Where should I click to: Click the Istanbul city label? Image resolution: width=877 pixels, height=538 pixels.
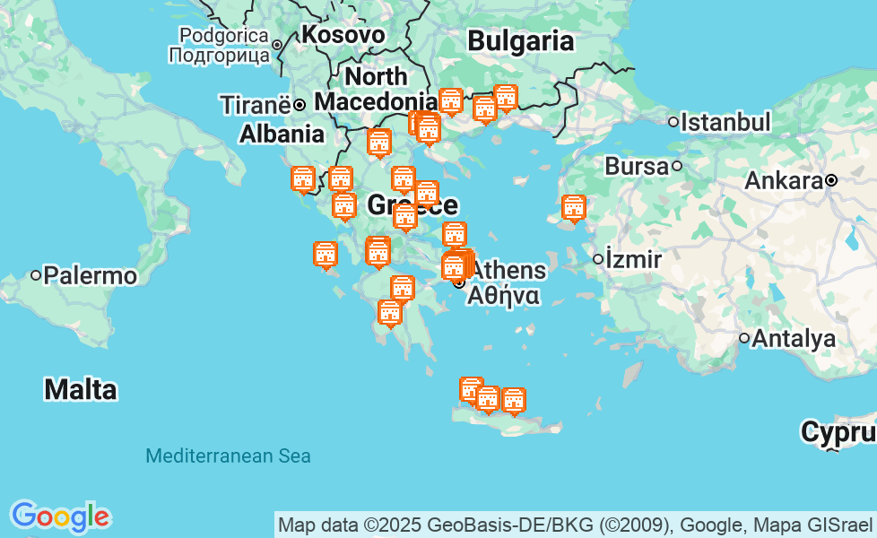coord(725,122)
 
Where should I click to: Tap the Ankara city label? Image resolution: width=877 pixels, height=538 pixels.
coord(784,181)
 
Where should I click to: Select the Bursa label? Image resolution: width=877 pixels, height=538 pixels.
coord(637,166)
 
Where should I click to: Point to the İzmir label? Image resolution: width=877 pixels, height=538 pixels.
coord(633,260)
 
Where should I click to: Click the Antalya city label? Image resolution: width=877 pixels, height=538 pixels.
coord(794,339)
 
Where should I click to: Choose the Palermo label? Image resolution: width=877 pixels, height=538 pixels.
coord(90,275)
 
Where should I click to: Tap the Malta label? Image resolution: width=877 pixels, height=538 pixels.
coord(81,390)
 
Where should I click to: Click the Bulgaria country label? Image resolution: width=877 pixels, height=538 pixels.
coord(521,41)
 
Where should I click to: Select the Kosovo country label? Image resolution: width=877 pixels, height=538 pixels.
coord(343,35)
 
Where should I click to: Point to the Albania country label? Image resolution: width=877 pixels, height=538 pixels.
coord(282,134)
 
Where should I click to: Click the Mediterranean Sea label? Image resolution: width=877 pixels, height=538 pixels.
coord(228,456)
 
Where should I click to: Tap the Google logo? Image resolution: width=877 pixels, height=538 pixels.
coord(60,516)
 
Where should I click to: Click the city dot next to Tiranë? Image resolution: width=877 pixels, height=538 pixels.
coord(300,105)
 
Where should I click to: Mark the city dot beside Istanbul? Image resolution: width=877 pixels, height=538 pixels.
coord(673,122)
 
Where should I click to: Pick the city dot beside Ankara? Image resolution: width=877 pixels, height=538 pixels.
coord(831,180)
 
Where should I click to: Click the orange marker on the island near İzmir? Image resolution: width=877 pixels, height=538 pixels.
coord(574,208)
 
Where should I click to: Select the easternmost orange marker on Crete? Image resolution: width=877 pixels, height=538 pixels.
coord(514,401)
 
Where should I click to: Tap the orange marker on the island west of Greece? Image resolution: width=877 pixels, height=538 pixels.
coord(326,255)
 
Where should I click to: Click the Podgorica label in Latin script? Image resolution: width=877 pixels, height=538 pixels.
coord(224,36)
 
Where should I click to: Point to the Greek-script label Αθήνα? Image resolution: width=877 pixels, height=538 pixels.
coord(503,296)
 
